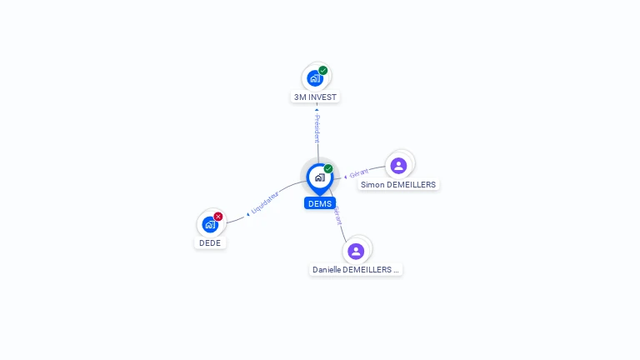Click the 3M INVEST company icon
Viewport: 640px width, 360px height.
click(315, 77)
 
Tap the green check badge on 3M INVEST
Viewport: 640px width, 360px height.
click(323, 70)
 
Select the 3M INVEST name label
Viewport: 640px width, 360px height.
click(316, 97)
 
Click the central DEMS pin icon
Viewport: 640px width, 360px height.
click(319, 177)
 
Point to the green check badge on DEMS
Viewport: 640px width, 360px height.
click(328, 168)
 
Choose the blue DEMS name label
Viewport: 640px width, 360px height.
click(319, 203)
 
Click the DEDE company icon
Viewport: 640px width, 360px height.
click(210, 224)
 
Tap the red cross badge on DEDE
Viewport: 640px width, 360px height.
click(218, 217)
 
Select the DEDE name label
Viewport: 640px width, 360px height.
click(210, 243)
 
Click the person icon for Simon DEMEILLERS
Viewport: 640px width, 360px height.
click(398, 165)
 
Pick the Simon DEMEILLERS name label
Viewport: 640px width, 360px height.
click(398, 184)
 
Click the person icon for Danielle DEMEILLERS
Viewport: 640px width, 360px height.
click(356, 251)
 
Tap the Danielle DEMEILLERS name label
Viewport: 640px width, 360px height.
click(356, 270)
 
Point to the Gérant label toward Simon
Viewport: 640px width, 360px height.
click(358, 173)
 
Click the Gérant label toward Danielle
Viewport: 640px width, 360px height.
click(337, 215)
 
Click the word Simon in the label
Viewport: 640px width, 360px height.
click(372, 184)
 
